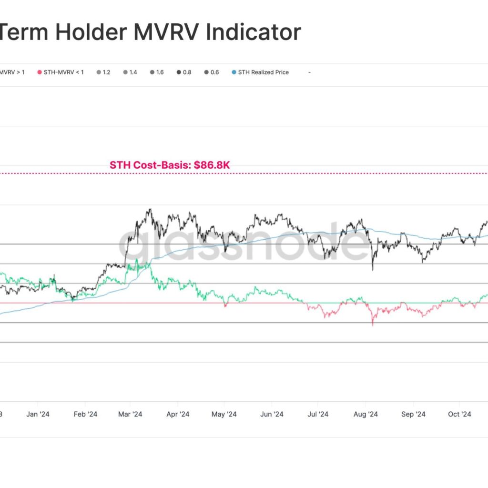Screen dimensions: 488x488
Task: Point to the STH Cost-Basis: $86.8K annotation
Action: [170, 165]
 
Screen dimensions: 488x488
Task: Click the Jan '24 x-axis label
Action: [38, 414]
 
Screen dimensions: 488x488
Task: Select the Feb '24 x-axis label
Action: [86, 414]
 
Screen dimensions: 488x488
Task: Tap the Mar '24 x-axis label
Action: [130, 414]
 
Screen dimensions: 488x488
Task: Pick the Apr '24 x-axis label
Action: [178, 414]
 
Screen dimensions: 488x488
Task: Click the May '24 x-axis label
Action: [224, 414]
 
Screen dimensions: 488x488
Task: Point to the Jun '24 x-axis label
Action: [273, 414]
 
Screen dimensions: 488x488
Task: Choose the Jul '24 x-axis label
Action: [318, 414]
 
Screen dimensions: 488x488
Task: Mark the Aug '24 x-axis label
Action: [366, 414]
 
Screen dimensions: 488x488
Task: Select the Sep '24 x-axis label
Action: [414, 414]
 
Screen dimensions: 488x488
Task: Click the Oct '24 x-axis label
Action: [460, 414]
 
